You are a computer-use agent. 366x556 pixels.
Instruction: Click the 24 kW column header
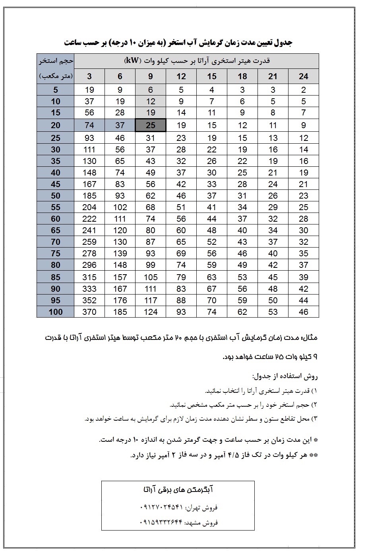[x=304, y=76]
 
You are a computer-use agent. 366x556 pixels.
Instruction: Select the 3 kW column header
[x=89, y=76]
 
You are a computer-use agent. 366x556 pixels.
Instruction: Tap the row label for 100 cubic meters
[x=56, y=312]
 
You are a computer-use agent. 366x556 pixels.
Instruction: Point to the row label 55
[x=56, y=207]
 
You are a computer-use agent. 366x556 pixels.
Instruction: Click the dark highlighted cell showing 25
[x=151, y=125]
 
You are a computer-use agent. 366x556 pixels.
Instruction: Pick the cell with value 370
[x=89, y=312]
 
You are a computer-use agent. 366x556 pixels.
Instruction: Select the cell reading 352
[x=89, y=300]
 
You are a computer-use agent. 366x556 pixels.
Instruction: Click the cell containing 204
[x=89, y=207]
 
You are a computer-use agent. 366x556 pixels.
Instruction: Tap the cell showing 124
[x=151, y=312]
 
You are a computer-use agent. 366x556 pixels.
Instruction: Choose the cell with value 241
[x=89, y=230]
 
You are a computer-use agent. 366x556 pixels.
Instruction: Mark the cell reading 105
[x=151, y=277]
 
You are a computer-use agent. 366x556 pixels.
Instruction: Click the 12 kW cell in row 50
[x=181, y=195]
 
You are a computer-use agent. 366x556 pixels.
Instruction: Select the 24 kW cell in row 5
[x=304, y=90]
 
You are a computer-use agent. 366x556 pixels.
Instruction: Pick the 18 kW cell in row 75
[x=242, y=254]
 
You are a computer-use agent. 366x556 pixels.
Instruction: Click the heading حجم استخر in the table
[x=56, y=61]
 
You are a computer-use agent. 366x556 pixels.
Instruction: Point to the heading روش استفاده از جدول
[x=285, y=376]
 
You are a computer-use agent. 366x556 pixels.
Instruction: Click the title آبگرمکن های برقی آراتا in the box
[x=178, y=489]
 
